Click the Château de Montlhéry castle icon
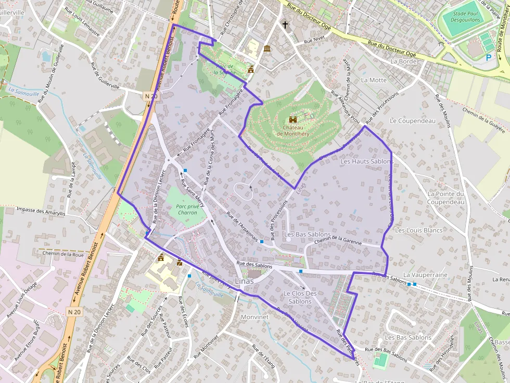[292, 119]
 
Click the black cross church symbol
[285, 24]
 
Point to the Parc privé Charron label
[187, 209]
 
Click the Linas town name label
[245, 281]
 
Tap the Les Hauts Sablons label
[366, 162]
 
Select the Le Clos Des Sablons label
[300, 297]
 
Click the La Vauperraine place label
[425, 274]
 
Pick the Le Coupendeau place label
[412, 121]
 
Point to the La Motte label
[374, 80]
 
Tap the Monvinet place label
[254, 316]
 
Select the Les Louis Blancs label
[419, 230]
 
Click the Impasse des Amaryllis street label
[41, 212]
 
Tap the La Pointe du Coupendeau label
[445, 198]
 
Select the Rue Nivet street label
[314, 39]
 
